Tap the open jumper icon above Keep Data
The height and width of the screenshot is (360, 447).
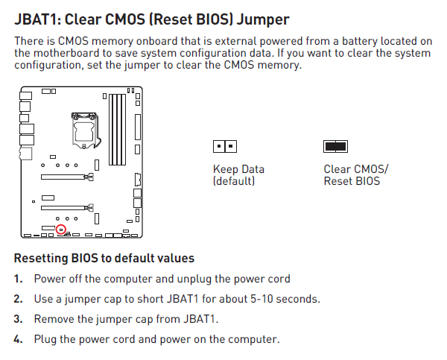pos(224,145)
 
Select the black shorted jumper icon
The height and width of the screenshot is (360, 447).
pos(336,145)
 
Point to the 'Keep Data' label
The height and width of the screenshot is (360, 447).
pos(238,169)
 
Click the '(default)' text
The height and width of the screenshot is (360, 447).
pos(234,181)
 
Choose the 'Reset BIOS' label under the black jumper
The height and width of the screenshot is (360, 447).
pos(352,181)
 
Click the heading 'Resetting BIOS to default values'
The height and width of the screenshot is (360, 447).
pos(104,259)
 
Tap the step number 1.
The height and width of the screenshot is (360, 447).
pos(18,279)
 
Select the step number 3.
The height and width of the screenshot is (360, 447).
pos(18,319)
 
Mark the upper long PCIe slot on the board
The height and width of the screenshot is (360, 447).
pos(67,177)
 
